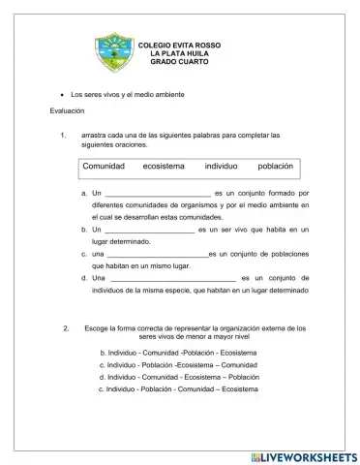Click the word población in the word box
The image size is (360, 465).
tap(276, 167)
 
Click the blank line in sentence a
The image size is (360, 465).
tap(157, 194)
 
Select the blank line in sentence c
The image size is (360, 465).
tap(157, 254)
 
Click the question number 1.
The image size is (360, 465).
tap(63, 135)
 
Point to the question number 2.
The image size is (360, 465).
tap(65, 329)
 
